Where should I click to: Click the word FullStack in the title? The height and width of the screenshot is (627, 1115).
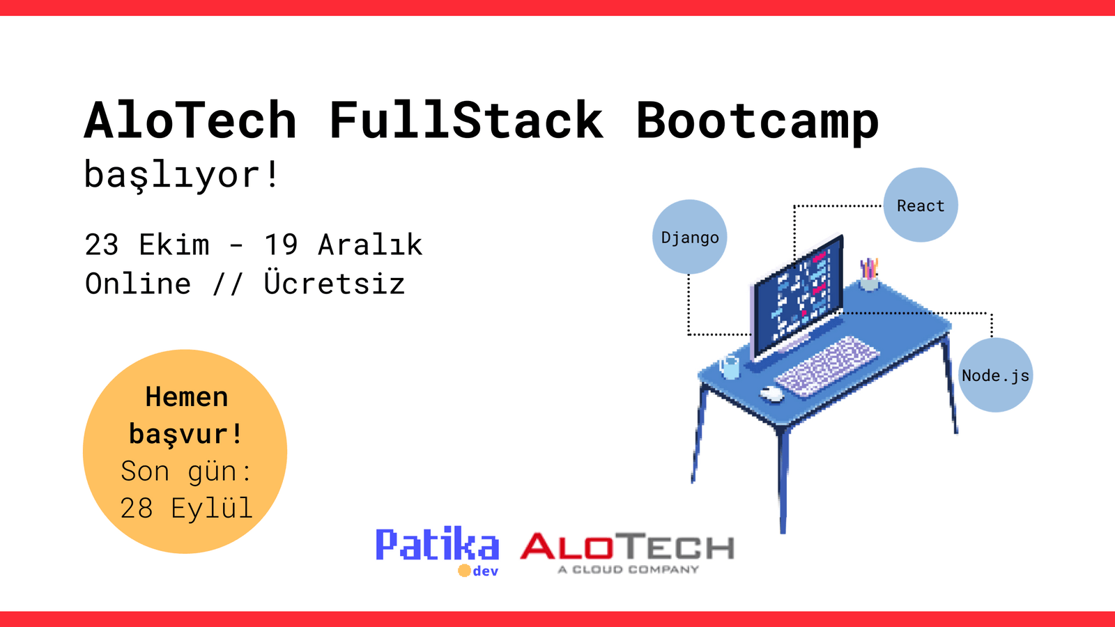point(466,121)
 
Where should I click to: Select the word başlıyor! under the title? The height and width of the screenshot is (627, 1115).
point(182,175)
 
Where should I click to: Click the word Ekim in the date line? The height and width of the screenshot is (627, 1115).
point(174,245)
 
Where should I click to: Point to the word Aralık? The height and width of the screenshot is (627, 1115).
point(370,245)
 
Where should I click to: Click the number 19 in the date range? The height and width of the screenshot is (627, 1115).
point(281,245)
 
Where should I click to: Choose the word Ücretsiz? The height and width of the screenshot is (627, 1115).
point(334,284)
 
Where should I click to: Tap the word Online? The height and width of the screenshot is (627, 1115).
point(138,284)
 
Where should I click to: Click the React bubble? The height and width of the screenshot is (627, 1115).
point(921,206)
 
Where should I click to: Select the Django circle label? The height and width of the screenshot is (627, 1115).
point(690,238)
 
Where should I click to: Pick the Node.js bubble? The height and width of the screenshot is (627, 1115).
point(995,376)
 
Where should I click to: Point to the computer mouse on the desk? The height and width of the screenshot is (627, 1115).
point(771,394)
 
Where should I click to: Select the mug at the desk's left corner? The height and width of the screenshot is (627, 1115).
point(729,366)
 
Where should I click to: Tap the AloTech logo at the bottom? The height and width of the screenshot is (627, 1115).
point(627,552)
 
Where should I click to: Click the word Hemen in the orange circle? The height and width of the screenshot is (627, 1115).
point(187,397)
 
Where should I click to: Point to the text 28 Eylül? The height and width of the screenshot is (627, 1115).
point(186,509)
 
